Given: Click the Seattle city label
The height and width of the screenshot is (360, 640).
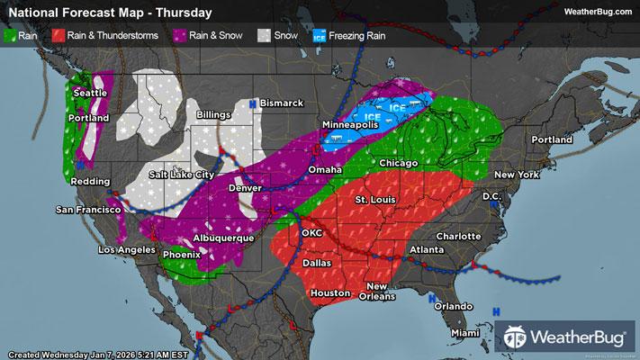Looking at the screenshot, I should point(90,93).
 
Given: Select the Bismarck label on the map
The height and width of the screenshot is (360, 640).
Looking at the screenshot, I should point(282,103).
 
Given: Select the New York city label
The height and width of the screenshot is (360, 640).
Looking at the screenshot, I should point(515,173).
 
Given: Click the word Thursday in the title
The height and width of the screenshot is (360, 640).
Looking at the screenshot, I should point(187,13).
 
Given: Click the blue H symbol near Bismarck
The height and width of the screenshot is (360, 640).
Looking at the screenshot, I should point(253,104).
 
